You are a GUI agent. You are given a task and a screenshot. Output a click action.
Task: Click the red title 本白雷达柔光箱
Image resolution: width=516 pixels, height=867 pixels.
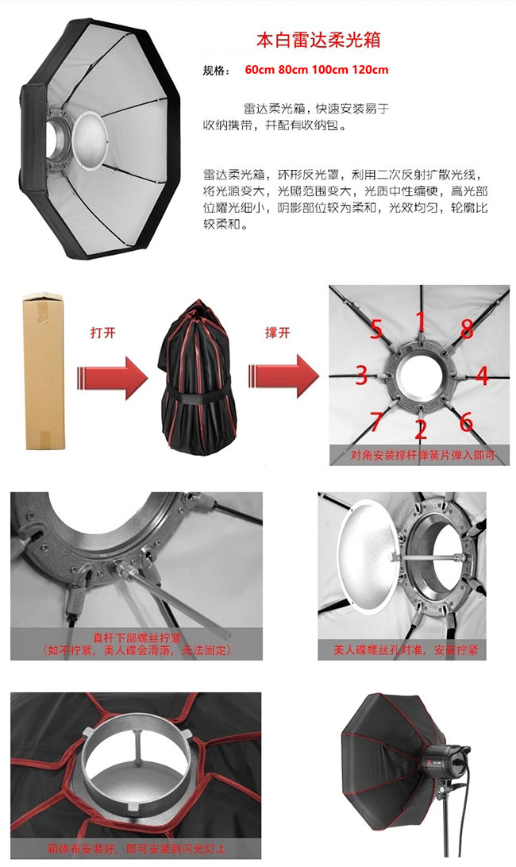tap(318, 40)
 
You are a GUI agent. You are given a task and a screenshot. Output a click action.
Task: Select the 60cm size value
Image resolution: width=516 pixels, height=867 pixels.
tap(260, 70)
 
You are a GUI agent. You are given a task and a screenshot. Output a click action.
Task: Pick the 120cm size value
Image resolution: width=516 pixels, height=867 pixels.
tap(370, 70)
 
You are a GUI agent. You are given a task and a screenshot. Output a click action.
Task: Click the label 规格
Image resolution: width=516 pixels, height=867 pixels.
tap(216, 70)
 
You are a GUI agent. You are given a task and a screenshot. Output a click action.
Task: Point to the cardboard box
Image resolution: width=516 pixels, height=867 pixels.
tap(44, 372)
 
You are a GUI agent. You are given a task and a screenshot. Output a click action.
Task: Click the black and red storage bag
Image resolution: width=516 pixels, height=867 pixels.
tap(198, 377)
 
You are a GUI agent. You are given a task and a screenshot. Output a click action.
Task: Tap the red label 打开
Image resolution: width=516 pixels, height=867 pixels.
tap(103, 333)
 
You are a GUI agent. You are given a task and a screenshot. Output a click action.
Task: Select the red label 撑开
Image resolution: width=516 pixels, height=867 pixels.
tap(277, 333)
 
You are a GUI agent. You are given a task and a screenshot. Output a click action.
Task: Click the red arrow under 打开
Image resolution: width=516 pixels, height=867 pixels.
tap(112, 378)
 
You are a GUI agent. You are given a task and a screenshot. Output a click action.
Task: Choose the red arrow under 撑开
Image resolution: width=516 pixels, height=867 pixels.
tap(283, 376)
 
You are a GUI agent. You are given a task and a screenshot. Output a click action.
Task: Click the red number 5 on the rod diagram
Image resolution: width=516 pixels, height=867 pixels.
tap(376, 329)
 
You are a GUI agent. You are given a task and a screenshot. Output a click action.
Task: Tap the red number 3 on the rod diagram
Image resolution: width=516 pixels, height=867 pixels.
tap(361, 375)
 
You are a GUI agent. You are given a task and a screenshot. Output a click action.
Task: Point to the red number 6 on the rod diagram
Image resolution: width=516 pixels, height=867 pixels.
tap(466, 422)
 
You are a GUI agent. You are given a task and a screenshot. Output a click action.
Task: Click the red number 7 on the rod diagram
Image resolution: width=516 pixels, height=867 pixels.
tap(375, 422)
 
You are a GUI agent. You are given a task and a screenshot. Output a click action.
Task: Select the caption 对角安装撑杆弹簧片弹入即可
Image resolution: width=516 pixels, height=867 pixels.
tap(422, 456)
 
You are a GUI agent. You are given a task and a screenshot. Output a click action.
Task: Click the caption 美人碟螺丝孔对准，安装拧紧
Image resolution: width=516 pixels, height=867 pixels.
tap(406, 649)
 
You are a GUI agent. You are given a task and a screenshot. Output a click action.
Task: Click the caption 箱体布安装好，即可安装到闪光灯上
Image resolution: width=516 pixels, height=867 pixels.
tap(137, 848)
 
